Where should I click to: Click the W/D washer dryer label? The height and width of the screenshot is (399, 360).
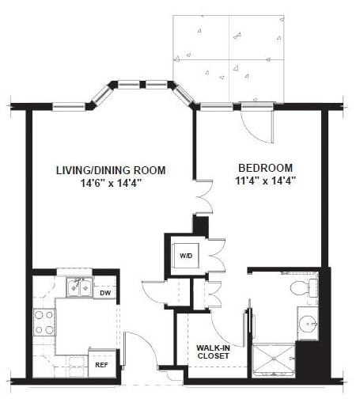186,256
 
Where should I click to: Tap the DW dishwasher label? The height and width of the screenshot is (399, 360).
105,293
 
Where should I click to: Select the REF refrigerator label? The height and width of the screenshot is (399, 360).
101,365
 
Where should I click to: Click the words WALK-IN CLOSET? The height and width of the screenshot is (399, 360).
213,351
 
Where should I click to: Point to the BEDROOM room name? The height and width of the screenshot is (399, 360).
265,168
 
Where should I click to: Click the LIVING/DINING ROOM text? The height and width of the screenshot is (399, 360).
111,170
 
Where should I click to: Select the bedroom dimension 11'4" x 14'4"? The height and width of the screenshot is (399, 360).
265,181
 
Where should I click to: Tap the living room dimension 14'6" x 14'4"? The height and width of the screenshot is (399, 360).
111,183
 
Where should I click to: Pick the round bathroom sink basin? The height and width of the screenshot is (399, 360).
308,324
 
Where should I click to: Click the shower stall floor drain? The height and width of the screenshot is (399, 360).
274,359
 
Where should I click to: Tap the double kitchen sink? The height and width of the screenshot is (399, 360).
79,287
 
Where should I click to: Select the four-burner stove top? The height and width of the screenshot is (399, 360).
44,322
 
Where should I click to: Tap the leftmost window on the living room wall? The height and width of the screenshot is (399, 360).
69,107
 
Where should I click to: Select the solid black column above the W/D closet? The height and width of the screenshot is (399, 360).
201,225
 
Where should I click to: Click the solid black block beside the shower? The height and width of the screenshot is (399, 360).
313,360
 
